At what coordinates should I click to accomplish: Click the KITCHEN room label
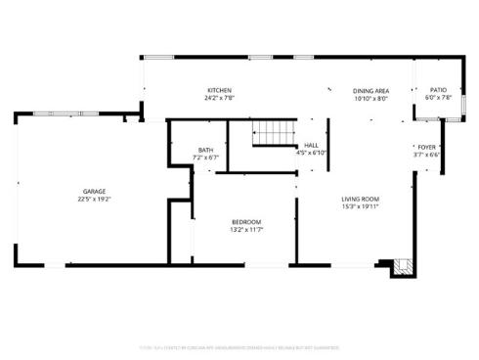218,90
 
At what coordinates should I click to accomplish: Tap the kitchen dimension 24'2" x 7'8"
219,98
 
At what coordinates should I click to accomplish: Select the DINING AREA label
370,90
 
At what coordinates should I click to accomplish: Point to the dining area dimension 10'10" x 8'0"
370,98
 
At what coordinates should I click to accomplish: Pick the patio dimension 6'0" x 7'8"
438,98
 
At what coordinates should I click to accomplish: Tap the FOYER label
427,146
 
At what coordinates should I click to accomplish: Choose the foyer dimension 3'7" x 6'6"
427,154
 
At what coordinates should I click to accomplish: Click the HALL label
311,145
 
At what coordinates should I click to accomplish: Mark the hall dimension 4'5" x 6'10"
311,153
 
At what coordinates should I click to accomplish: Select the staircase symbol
273,134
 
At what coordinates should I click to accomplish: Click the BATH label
205,150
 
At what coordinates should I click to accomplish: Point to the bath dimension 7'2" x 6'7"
205,157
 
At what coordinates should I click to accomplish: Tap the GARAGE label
94,191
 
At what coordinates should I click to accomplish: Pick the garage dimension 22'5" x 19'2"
94,199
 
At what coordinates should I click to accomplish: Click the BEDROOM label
245,222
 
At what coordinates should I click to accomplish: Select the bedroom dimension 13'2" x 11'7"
245,230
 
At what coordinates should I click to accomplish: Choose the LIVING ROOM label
360,199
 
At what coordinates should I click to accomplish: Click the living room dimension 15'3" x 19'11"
360,206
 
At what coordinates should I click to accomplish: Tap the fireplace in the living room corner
402,265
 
